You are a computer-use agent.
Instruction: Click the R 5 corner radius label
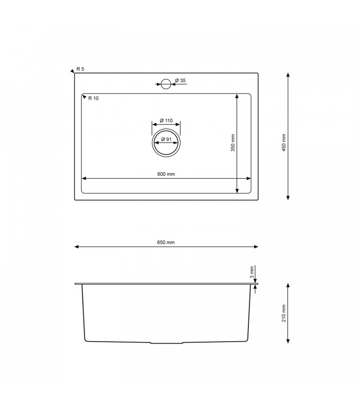pos(80,69)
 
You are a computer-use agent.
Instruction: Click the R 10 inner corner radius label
pos(93,98)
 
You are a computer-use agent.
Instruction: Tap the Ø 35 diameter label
pos(180,81)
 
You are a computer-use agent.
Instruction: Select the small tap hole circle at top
pos(166,84)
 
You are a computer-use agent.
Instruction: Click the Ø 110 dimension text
pos(166,120)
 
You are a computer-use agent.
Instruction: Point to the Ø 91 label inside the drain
pos(166,139)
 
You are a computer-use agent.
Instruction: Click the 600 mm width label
pos(166,174)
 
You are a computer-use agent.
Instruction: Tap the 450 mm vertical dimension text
pos(283,142)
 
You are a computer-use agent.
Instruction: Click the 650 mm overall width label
pos(166,242)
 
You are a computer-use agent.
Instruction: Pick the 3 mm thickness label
pos(251,272)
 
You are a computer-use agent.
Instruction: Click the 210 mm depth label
pos(283,313)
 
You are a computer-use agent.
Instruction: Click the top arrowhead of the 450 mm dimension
pos(287,75)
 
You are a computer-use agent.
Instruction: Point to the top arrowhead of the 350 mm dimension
pos(237,96)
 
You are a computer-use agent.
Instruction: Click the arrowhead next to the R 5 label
pos(72,71)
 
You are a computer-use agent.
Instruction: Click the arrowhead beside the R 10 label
pos(84,97)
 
